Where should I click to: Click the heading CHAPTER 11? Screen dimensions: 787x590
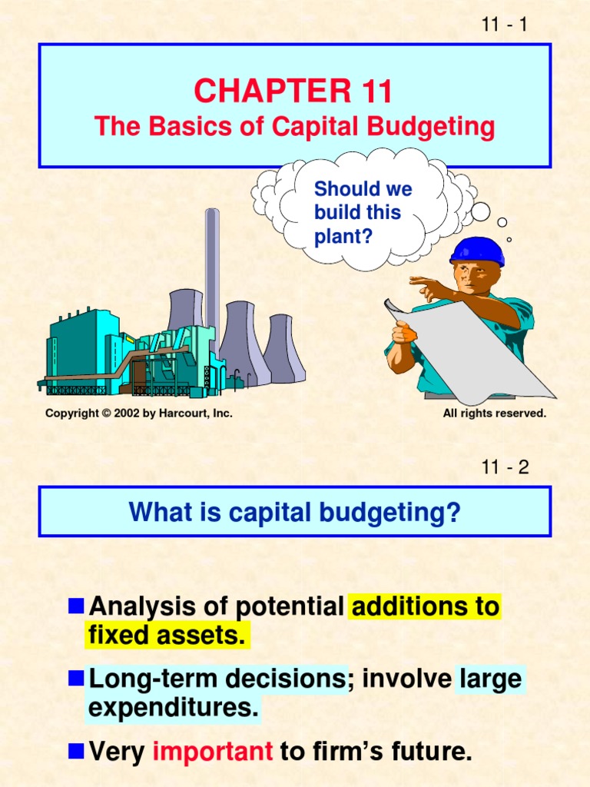coord(293,91)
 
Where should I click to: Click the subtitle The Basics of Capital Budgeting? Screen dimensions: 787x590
coord(294,127)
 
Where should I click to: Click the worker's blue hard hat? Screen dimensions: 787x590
coord(476,251)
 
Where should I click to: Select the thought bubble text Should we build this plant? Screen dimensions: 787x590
coord(363,213)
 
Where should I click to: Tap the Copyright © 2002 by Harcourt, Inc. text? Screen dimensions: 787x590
coord(138,413)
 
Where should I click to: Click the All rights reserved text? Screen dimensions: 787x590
coord(494,413)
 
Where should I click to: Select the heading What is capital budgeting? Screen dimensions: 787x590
coord(294,512)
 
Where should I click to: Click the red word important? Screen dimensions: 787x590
coord(213,752)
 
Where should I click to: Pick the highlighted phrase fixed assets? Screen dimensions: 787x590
coord(167,636)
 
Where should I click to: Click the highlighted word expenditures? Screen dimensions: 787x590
coord(174,708)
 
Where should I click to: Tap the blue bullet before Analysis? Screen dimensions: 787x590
coord(75,606)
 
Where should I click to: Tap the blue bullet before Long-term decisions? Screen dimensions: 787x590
coord(75,678)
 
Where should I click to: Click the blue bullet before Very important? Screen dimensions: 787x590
coord(75,751)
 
